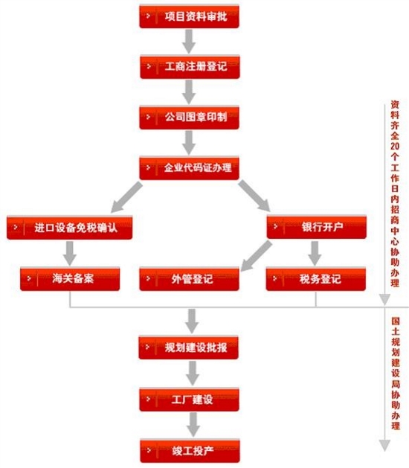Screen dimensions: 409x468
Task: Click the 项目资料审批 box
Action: tap(189, 16)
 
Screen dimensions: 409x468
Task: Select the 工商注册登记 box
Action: tap(190, 67)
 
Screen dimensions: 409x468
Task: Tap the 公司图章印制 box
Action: tap(189, 118)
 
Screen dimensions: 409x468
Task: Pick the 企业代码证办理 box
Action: tap(189, 168)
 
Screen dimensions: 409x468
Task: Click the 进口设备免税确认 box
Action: tap(69, 228)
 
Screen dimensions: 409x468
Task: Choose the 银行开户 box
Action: tap(317, 227)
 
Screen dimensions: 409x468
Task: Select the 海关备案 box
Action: tap(70, 279)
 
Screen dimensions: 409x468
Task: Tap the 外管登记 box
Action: tap(189, 279)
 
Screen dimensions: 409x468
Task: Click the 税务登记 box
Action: tap(316, 279)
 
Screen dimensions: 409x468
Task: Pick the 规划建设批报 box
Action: tap(189, 347)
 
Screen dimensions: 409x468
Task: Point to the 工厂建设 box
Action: tap(189, 400)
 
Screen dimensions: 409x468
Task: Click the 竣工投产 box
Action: tap(190, 451)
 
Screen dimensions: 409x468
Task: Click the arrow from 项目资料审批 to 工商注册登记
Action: tap(189, 42)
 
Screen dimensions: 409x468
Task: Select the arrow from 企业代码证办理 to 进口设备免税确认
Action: tap(126, 197)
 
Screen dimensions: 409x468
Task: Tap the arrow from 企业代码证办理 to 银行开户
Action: tap(254, 196)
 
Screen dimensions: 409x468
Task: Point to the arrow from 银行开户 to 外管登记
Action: tap(257, 256)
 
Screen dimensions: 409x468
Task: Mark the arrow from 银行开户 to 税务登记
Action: tap(315, 254)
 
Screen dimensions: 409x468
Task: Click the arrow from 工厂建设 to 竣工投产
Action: tap(193, 425)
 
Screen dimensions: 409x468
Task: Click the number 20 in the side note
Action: tap(395, 146)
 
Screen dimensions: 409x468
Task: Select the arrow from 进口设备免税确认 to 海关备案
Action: tap(70, 254)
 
